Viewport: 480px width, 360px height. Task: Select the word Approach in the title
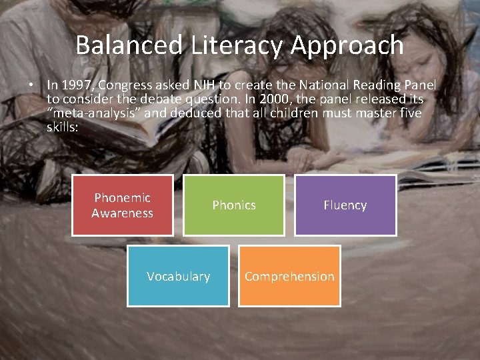[347, 45]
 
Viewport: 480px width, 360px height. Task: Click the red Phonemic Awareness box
[122, 205]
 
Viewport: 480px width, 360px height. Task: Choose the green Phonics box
[233, 205]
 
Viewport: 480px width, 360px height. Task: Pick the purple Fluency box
[345, 205]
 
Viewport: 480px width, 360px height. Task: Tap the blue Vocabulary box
[178, 276]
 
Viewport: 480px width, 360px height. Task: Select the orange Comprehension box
[289, 276]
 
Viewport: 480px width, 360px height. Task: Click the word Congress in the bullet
[125, 85]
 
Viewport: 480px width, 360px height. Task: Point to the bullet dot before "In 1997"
[31, 85]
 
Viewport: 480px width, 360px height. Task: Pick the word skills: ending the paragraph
[63, 126]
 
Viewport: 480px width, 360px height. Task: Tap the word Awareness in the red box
[122, 213]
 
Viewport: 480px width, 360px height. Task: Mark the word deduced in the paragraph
[194, 113]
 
